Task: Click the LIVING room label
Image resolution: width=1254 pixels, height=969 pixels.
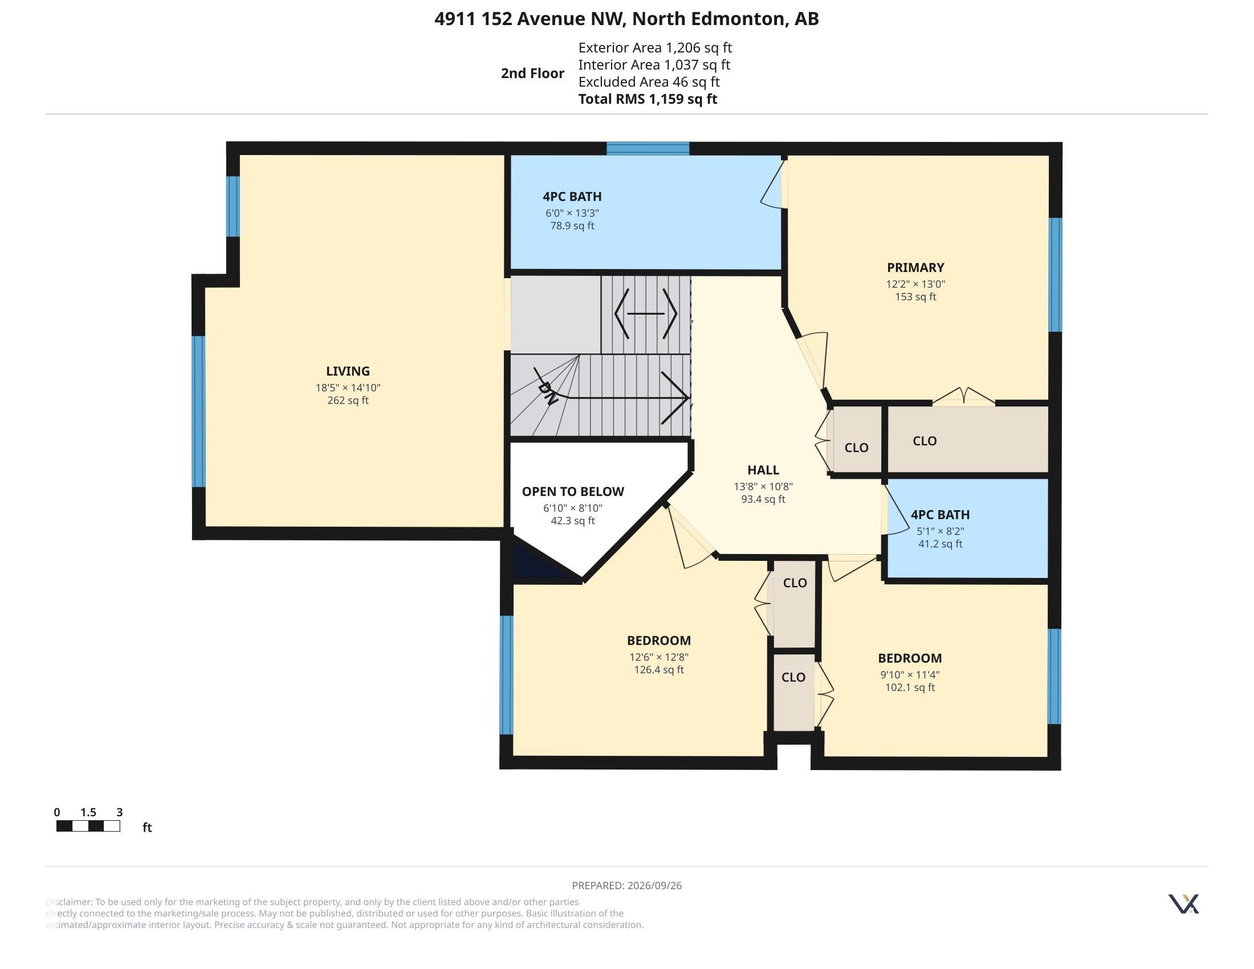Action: tap(347, 372)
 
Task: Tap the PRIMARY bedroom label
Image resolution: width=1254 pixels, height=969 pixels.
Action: tap(915, 267)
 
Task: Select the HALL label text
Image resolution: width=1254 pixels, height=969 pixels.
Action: tap(763, 470)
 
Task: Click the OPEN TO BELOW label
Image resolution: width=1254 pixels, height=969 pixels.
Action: tap(572, 491)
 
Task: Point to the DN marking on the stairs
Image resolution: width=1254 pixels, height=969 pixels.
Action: tap(547, 393)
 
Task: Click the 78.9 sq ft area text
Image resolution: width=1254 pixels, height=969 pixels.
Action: tap(572, 226)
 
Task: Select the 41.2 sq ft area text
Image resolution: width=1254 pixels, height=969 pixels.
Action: tap(940, 544)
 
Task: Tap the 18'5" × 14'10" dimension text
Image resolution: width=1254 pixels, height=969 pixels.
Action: tap(347, 388)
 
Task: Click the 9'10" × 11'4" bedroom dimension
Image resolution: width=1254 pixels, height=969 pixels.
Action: tap(910, 674)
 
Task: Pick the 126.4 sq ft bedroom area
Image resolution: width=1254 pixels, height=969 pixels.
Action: tap(658, 669)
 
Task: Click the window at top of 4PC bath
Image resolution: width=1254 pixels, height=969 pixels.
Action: tap(648, 148)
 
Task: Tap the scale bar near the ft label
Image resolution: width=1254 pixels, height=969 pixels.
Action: tap(88, 826)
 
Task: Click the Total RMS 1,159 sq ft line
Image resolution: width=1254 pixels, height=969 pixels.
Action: tap(648, 99)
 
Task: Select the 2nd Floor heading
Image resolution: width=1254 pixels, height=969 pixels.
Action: tap(532, 73)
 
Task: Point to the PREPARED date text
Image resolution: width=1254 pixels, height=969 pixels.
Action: tap(626, 885)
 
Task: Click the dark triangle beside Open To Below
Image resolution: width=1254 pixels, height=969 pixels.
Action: tap(537, 562)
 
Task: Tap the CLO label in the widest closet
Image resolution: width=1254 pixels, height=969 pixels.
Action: tap(925, 441)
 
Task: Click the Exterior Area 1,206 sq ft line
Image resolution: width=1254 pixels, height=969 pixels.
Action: tap(655, 47)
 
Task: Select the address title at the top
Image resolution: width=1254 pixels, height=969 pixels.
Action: tap(626, 18)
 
